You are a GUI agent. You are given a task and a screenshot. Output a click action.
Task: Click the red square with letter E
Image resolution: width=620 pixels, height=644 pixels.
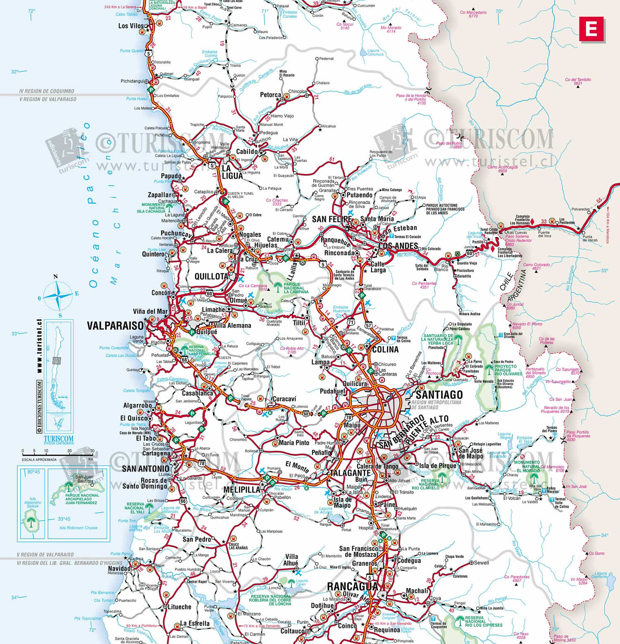pos(591,29)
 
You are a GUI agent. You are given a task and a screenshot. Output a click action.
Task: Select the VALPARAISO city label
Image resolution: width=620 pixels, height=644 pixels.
pos(115,326)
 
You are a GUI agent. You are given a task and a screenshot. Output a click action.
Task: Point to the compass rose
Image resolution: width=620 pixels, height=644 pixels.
pos(57,296)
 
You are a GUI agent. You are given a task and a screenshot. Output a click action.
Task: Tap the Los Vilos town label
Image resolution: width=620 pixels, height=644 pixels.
pos(131,26)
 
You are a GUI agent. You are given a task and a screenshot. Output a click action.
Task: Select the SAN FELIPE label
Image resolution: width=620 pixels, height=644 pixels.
pos(332,219)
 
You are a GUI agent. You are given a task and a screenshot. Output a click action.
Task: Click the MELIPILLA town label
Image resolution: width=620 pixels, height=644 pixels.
pos(242,489)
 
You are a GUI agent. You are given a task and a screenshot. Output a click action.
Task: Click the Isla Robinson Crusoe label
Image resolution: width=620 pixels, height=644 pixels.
pos(79,528)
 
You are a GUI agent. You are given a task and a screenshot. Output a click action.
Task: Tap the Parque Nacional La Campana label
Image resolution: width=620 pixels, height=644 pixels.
pos(296,288)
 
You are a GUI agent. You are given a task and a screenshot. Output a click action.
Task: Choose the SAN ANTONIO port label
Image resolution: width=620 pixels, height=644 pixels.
pos(145,468)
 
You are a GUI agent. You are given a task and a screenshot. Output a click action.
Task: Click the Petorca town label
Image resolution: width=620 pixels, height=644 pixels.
pos(270,95)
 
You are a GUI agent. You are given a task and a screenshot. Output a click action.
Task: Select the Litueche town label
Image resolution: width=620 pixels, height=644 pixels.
pos(179,607)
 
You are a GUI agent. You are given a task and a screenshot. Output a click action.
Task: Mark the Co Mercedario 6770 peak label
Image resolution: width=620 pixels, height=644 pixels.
pos(473,14)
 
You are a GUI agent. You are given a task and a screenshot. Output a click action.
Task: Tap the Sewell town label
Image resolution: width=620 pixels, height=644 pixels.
pos(481,563)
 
